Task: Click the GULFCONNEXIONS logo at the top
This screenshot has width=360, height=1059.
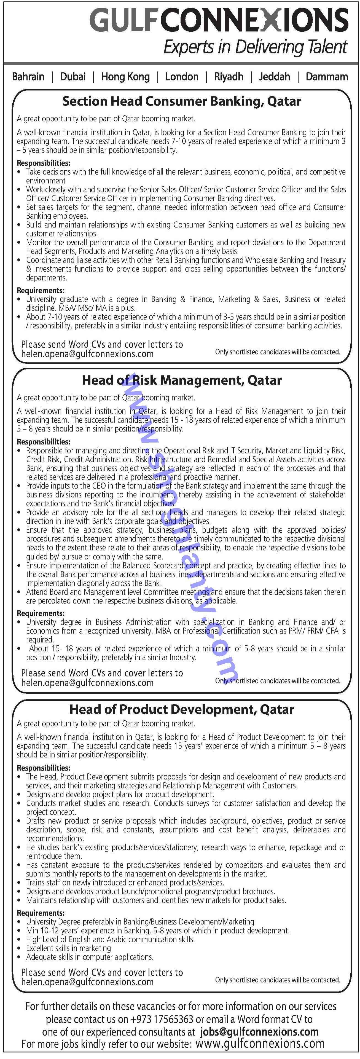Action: coord(219,20)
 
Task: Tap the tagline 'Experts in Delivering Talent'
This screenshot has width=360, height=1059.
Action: coord(255,47)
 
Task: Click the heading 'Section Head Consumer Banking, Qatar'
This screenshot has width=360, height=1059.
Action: coord(182,101)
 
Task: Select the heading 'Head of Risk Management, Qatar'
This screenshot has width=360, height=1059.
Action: coord(182,380)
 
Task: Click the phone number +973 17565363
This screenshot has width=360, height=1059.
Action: coord(162,1020)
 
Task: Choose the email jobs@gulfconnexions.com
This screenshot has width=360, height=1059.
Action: coord(259,1032)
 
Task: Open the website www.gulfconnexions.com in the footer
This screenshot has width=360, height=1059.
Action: coord(260,1044)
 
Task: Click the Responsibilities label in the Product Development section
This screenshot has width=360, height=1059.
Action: coord(44,768)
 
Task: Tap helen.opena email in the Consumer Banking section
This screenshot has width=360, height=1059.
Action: coord(87,354)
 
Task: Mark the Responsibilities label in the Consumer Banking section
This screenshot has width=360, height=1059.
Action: coord(44,163)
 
